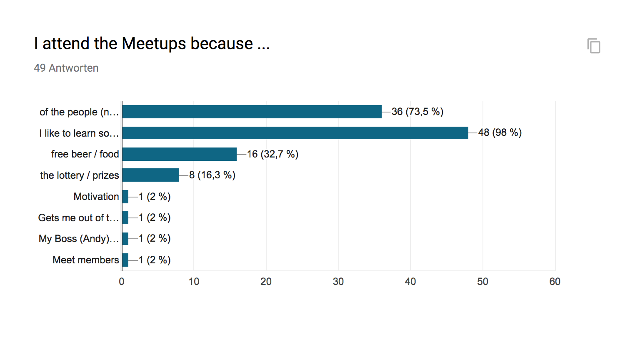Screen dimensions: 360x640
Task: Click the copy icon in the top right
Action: pos(594,46)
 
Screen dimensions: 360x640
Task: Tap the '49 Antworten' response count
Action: pos(66,68)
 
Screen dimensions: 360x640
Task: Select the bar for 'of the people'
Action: pos(252,112)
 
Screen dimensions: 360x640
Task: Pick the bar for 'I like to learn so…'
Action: pos(295,133)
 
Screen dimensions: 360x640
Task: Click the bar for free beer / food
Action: pos(179,154)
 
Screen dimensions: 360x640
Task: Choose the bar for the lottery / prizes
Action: pos(150,175)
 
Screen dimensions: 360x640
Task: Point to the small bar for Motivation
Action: pos(125,197)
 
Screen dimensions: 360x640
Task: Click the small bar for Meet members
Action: pos(125,260)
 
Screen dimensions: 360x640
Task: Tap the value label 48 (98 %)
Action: pos(500,133)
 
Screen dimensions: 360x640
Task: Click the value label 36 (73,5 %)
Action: pos(417,112)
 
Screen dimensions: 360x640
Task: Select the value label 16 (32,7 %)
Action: pos(272,154)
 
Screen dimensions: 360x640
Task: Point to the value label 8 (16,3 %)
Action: pos(212,175)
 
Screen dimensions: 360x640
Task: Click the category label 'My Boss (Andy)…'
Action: pos(79,239)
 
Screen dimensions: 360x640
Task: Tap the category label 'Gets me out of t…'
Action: pos(78,218)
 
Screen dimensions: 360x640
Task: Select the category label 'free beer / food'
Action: pos(85,154)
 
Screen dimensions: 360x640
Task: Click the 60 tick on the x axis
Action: pos(555,282)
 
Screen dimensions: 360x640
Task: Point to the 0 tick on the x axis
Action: pos(122,282)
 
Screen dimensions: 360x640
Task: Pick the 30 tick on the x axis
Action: pos(338,282)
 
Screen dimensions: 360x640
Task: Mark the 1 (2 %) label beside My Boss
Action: pos(155,239)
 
